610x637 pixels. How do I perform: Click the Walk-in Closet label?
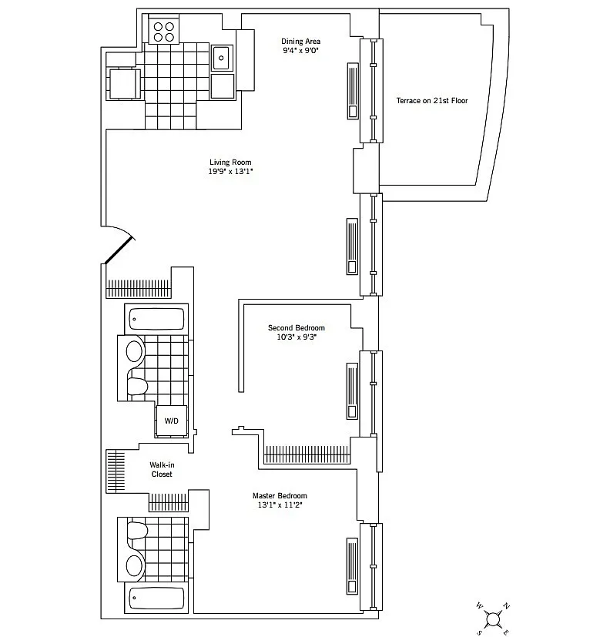point(162,470)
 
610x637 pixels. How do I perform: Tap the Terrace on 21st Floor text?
point(432,101)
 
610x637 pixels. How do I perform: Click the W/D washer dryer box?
point(172,421)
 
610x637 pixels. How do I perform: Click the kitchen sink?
point(222,58)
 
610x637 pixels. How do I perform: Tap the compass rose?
point(493,619)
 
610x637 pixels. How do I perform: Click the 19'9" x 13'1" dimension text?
point(230,172)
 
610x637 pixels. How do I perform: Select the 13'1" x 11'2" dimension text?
point(280,505)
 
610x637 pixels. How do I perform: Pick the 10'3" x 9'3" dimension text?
point(297,337)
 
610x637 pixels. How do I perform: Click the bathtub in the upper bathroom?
point(156,319)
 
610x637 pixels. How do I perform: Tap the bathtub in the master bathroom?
point(156,598)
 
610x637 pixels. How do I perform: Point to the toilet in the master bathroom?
point(137,530)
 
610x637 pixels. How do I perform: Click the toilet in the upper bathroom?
point(137,386)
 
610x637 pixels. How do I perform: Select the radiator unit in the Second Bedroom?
point(352,391)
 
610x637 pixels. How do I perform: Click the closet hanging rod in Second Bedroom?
point(307,454)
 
